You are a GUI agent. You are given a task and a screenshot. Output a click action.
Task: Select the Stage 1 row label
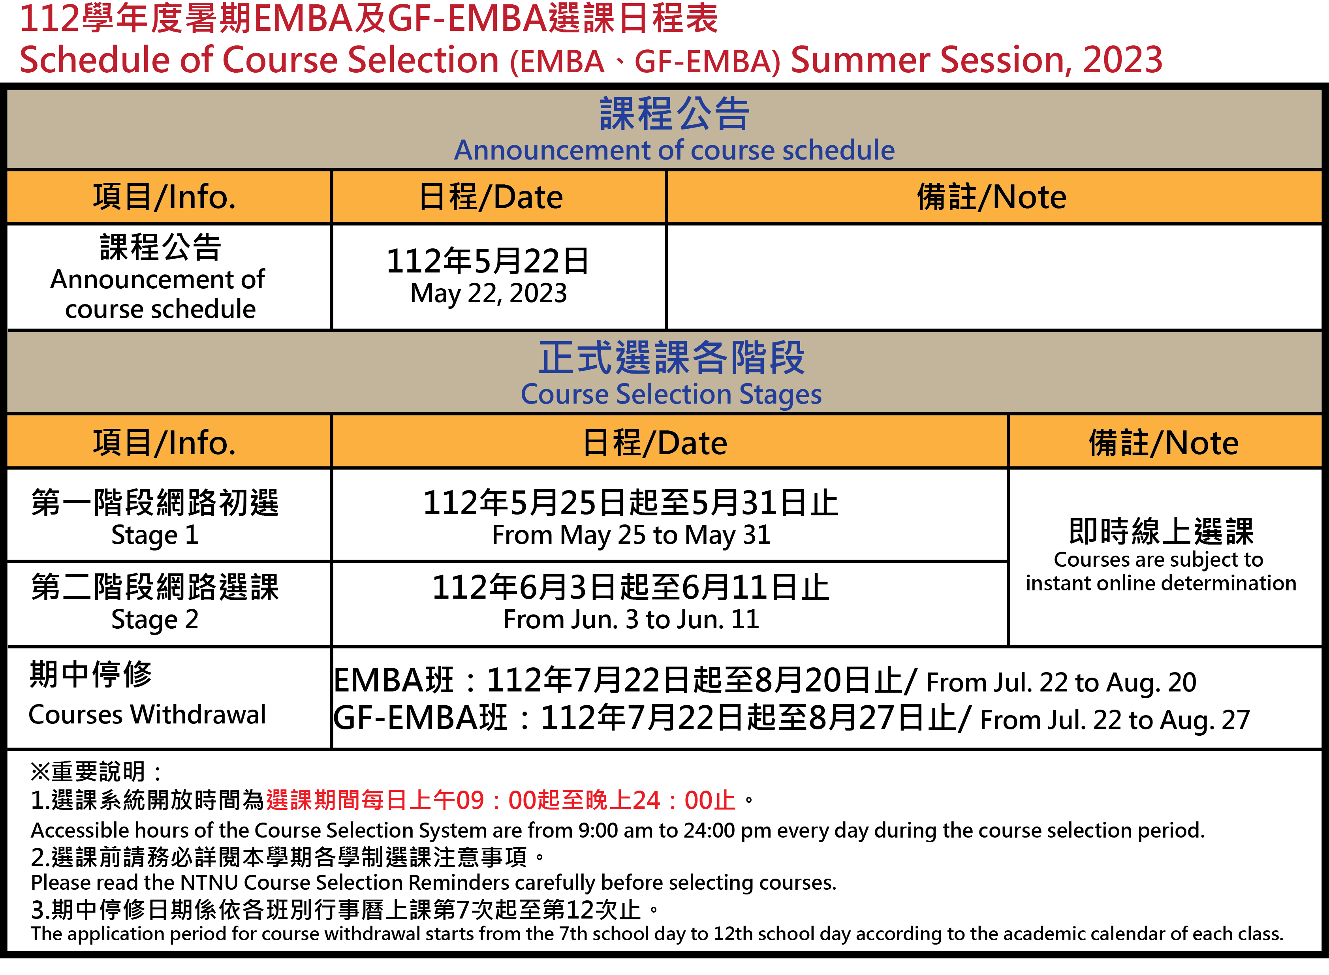coord(154,535)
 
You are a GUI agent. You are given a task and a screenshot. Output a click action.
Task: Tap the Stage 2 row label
coord(154,619)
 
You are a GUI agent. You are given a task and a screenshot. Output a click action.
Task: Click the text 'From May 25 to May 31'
coord(632,535)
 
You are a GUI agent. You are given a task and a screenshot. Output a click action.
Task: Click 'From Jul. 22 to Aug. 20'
coord(1061,683)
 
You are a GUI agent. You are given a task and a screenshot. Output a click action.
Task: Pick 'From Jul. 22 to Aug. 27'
coord(1115,720)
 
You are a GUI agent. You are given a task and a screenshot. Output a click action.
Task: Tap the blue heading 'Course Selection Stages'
coord(671,394)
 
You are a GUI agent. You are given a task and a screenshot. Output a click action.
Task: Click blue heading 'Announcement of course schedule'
coord(674,150)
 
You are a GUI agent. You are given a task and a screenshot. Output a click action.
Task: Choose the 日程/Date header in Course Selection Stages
coord(655,443)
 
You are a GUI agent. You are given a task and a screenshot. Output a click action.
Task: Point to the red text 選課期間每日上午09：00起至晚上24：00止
coord(501,800)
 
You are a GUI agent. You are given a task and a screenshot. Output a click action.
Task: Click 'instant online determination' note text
coord(1161,583)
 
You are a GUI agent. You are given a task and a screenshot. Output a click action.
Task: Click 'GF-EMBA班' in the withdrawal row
coord(420,718)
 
